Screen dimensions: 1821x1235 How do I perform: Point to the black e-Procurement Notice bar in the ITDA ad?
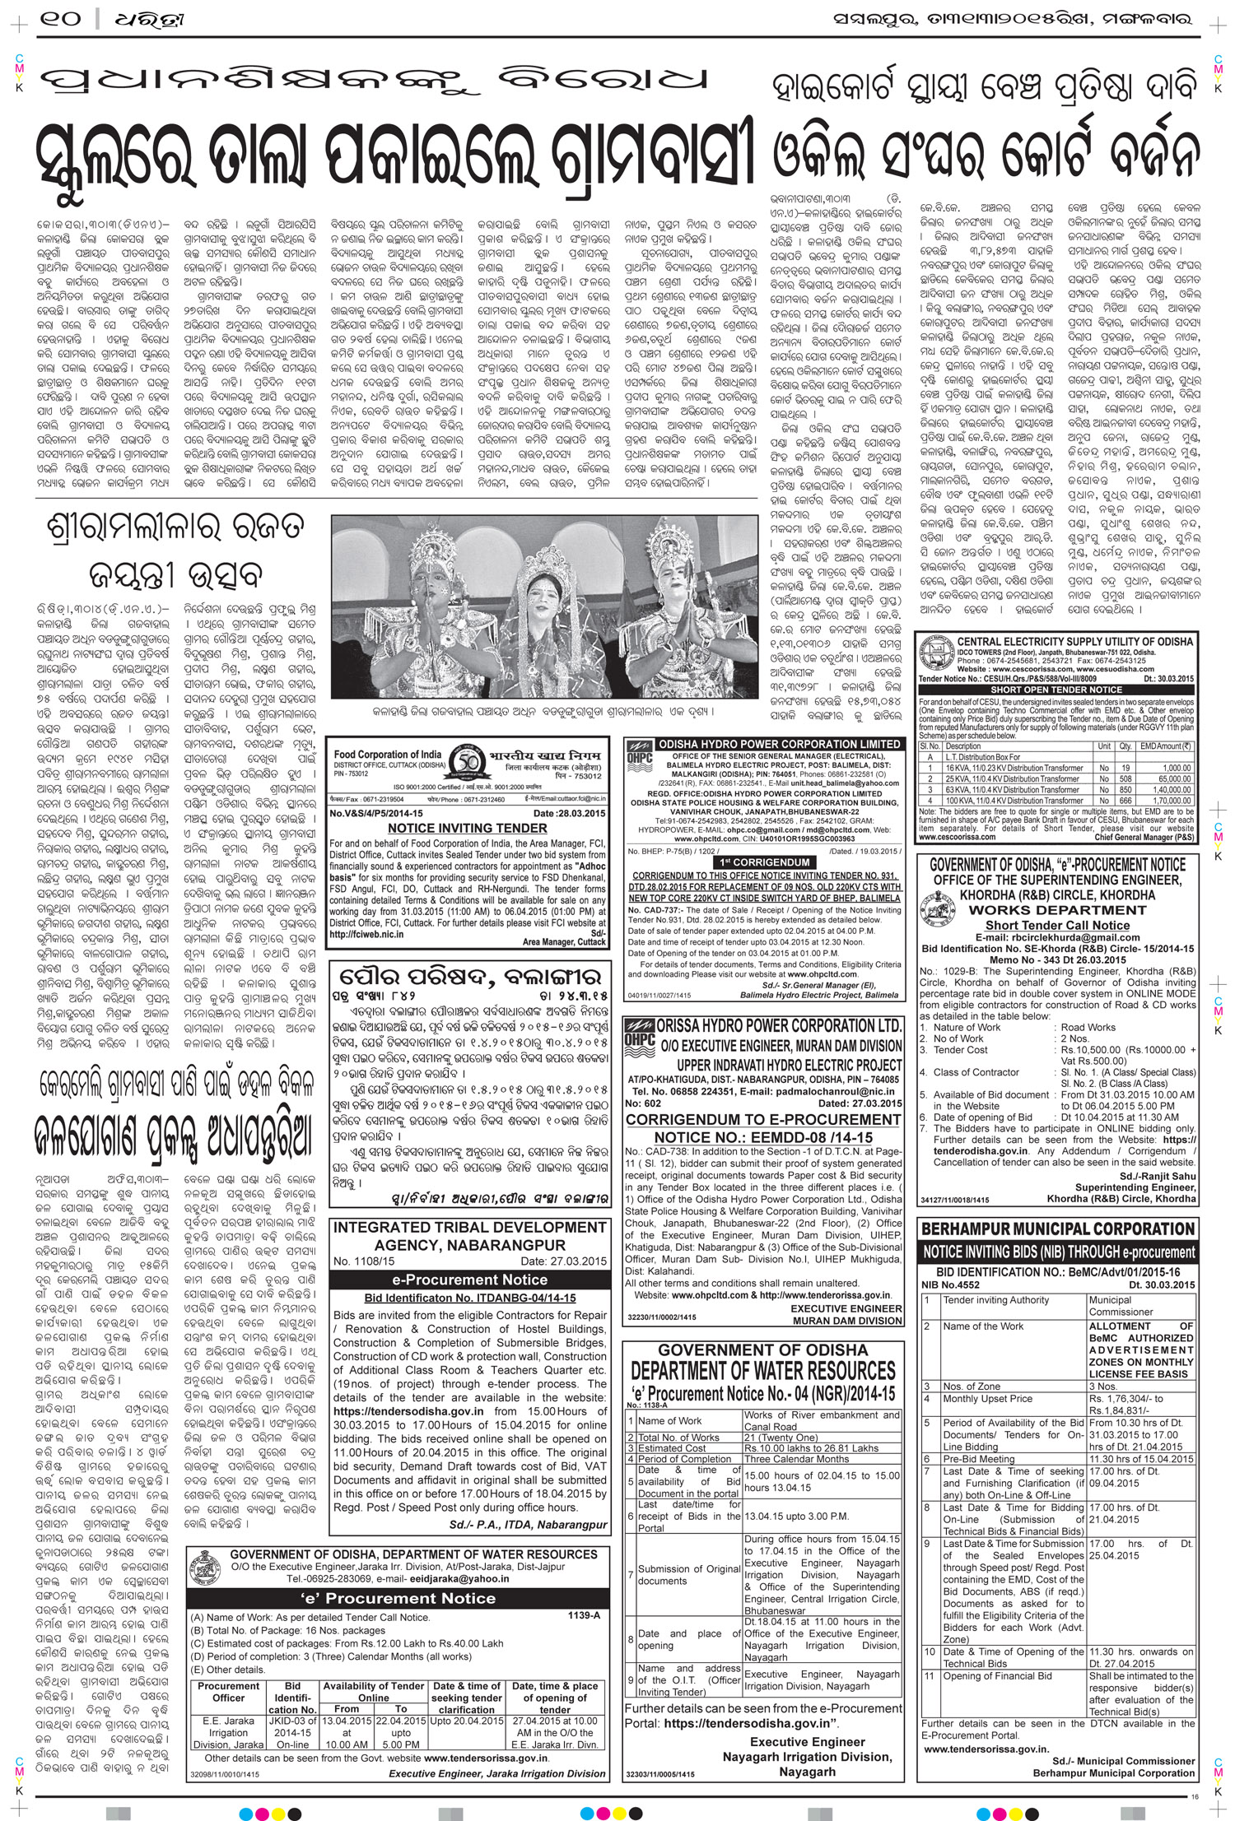click(469, 1280)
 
